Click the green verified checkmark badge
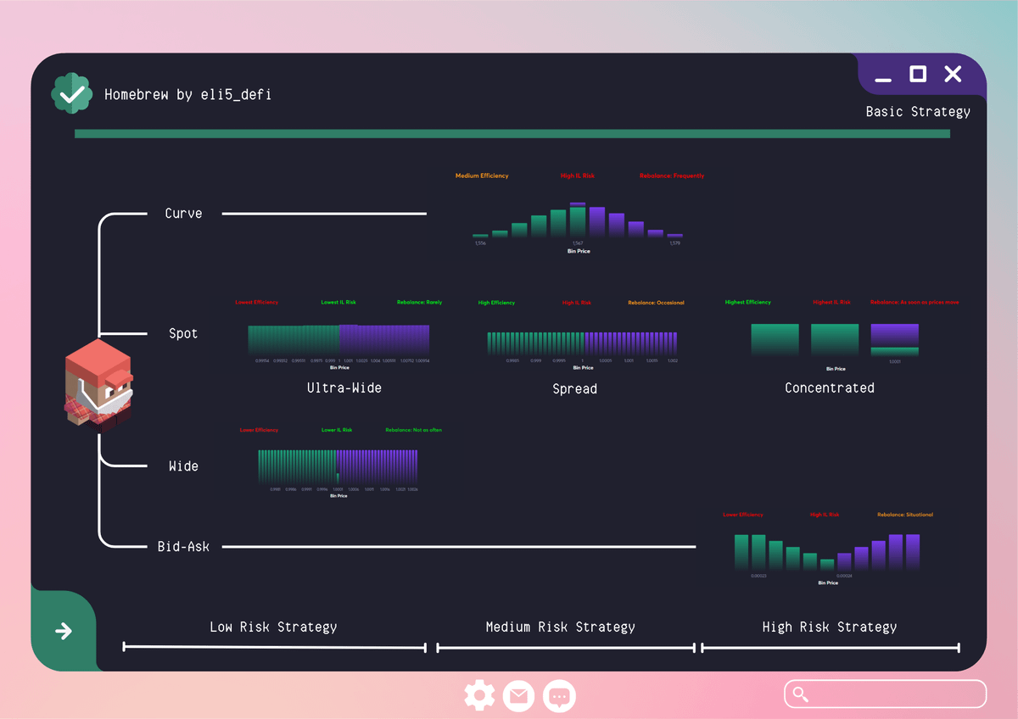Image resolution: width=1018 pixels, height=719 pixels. tap(72, 93)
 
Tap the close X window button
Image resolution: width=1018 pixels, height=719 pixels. tap(953, 75)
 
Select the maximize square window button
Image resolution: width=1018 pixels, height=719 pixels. tap(918, 75)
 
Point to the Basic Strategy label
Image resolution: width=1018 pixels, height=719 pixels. tap(918, 112)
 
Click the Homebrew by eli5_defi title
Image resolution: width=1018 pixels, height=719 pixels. tap(187, 94)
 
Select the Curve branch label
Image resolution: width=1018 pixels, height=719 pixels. tap(183, 214)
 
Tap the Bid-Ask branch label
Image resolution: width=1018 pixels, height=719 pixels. tap(183, 547)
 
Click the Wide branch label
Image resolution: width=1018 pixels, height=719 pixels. tap(183, 466)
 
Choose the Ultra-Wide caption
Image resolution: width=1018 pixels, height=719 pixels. tap(344, 388)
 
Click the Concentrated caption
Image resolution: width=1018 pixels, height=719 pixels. tap(829, 388)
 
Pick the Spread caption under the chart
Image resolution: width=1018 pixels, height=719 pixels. tap(574, 389)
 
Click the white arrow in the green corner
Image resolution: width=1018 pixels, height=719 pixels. tap(63, 631)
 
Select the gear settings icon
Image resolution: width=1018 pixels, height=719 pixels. tap(479, 696)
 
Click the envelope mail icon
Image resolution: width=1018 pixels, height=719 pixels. tap(518, 696)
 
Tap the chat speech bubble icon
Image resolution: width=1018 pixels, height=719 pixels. tap(559, 696)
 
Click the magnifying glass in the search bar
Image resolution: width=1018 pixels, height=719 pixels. tap(800, 694)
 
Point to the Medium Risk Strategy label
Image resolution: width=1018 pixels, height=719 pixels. tap(560, 627)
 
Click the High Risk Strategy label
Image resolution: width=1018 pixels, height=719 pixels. tap(829, 627)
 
